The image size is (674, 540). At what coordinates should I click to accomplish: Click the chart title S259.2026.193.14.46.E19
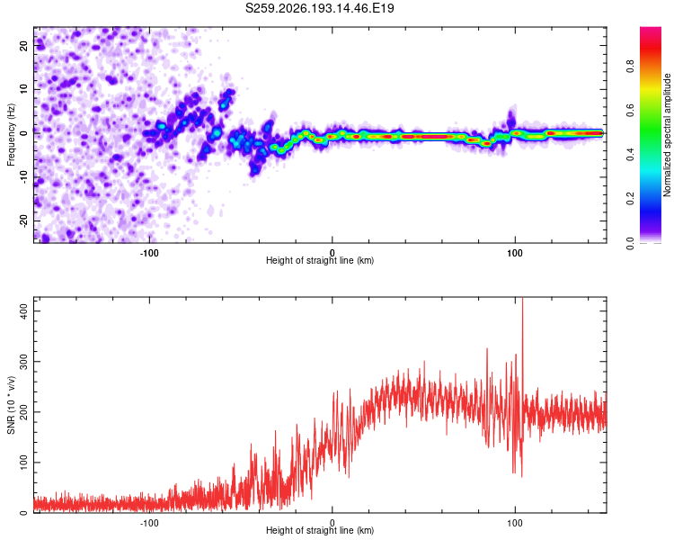[319, 8]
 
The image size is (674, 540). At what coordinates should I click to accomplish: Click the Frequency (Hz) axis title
[11, 135]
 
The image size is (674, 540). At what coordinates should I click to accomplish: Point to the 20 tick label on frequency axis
[23, 45]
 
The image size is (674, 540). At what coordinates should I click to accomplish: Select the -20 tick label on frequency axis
[23, 220]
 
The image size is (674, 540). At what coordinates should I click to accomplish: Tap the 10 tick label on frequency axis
[23, 89]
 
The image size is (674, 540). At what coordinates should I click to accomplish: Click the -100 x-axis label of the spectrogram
[149, 253]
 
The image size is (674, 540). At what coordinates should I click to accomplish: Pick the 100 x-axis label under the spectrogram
[515, 253]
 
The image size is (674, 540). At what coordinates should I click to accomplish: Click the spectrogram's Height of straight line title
[320, 260]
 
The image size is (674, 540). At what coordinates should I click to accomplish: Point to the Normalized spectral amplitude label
[667, 135]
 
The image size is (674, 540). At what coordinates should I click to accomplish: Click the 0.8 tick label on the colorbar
[630, 67]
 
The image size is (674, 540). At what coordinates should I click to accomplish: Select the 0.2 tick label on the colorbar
[630, 199]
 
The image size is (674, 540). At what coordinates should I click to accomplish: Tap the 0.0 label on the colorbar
[630, 243]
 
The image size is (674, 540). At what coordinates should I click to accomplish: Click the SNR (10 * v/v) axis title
[11, 405]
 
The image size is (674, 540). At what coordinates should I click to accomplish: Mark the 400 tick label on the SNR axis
[23, 310]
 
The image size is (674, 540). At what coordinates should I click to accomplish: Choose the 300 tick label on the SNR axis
[23, 361]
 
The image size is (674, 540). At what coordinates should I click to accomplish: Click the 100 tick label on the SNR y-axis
[23, 462]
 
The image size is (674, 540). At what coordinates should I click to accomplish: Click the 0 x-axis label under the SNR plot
[332, 523]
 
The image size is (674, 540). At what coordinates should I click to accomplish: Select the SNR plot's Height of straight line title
[320, 530]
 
